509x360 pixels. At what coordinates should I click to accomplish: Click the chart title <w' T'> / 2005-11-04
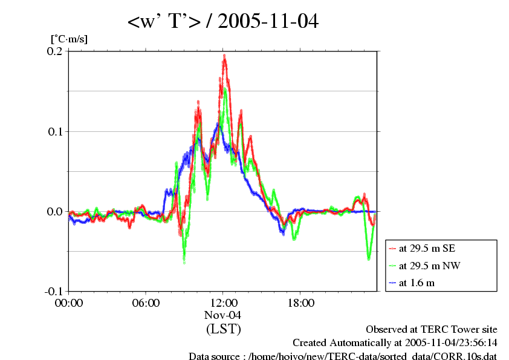point(222,22)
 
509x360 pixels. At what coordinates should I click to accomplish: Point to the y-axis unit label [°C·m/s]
point(70,39)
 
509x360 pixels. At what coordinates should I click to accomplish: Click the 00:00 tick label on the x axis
point(69,303)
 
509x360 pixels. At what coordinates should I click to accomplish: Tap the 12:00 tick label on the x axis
point(223,303)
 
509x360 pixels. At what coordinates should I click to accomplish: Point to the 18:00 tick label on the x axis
point(300,303)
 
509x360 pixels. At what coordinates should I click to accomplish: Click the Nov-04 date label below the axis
point(223,315)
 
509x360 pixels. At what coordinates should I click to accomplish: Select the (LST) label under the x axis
point(223,330)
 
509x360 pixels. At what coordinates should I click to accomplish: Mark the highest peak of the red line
point(224,56)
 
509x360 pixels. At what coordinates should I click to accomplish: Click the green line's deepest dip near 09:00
point(184,261)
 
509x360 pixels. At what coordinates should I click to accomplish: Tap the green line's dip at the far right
point(369,258)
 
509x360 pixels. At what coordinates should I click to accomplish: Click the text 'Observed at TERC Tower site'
point(432,330)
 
